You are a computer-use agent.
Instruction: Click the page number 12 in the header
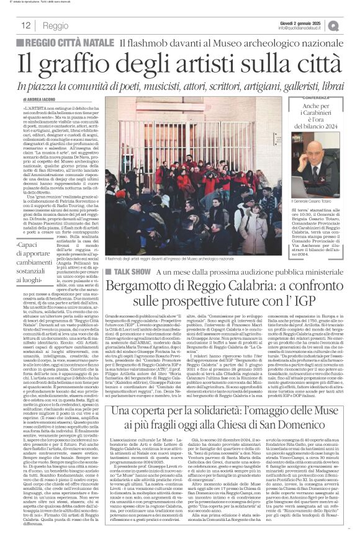pyautogui.click(x=26, y=25)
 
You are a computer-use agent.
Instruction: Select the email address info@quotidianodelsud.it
pyautogui.click(x=307, y=28)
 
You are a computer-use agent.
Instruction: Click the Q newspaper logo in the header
pyautogui.click(x=351, y=25)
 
